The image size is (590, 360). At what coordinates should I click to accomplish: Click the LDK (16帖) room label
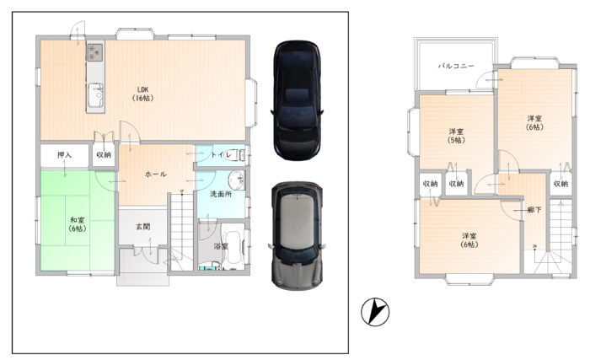(142, 94)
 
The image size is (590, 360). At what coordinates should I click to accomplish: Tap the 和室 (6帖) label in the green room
(78, 224)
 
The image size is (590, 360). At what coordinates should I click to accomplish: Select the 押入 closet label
(64, 155)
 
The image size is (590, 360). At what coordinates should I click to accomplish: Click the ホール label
(155, 174)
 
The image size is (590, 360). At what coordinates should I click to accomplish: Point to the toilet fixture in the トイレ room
(236, 155)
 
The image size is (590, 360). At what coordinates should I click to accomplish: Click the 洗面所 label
(221, 194)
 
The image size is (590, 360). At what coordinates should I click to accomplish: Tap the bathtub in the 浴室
(233, 247)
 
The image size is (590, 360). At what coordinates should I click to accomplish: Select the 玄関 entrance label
(143, 226)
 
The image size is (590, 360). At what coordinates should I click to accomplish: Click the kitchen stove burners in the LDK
(94, 52)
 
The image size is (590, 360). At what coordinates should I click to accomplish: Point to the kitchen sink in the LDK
(94, 95)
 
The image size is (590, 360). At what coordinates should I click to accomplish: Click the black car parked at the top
(298, 100)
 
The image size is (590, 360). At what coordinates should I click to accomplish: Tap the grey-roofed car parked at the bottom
(297, 236)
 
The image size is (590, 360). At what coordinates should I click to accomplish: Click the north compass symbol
(375, 312)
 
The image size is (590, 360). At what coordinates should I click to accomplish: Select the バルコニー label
(456, 66)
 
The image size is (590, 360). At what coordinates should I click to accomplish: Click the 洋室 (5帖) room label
(456, 136)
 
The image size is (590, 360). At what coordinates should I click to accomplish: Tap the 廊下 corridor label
(534, 210)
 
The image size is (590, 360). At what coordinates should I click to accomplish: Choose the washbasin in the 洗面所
(238, 180)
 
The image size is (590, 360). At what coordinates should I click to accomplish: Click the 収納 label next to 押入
(104, 155)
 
